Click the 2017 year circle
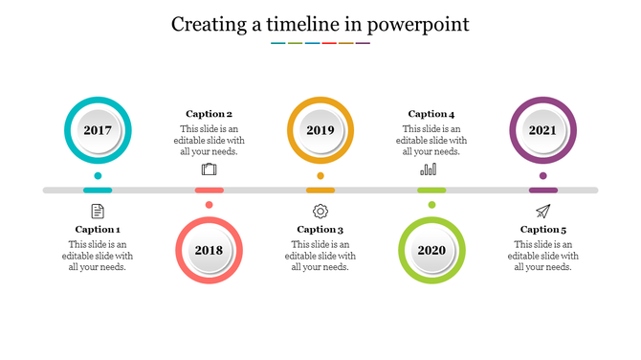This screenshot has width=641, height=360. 98,130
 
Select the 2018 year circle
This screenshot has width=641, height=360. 209,251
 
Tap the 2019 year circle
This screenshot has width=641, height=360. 320,130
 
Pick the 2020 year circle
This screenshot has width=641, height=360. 431,251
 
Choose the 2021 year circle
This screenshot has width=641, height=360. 542,130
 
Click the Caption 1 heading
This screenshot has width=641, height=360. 98,230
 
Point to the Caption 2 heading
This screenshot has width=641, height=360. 209,114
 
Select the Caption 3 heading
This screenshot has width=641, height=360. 320,230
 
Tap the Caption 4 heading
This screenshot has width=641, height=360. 431,114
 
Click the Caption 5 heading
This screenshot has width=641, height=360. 543,230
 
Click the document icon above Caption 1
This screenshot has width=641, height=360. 98,211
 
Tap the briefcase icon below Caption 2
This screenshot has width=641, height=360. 210,169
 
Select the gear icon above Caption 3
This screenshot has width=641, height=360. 320,211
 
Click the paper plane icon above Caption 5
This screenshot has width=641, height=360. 542,211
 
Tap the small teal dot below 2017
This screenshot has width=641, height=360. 98,176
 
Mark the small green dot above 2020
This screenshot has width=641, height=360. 431,204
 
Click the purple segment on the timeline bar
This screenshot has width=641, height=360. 542,191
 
